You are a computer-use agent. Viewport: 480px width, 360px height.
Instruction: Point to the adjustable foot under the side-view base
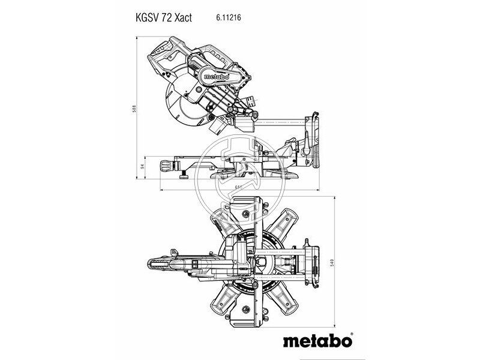tap(184, 176)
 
